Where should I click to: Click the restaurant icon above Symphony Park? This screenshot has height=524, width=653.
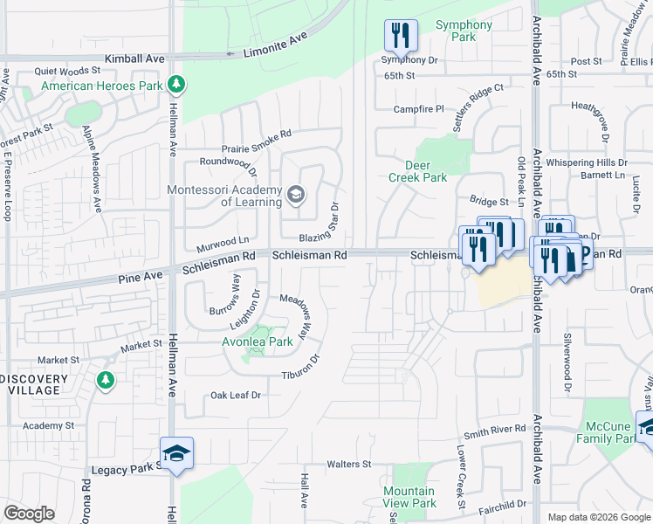pyautogui.click(x=401, y=35)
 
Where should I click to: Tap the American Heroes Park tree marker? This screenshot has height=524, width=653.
pyautogui.click(x=177, y=85)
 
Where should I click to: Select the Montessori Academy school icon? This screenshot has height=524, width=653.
pyautogui.click(x=295, y=194)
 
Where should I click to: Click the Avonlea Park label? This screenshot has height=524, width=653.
pyautogui.click(x=258, y=341)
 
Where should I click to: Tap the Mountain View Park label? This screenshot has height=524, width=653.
pyautogui.click(x=409, y=497)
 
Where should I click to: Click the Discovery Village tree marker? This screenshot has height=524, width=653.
pyautogui.click(x=106, y=380)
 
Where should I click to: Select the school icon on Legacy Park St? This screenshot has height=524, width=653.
pyautogui.click(x=176, y=453)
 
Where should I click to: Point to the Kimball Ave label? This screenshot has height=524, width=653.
pyautogui.click(x=134, y=58)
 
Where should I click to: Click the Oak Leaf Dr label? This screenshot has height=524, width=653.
pyautogui.click(x=236, y=396)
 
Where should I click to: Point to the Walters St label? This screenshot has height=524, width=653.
pyautogui.click(x=349, y=464)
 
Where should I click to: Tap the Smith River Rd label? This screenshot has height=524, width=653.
pyautogui.click(x=495, y=431)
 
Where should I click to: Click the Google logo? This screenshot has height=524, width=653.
pyautogui.click(x=29, y=514)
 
